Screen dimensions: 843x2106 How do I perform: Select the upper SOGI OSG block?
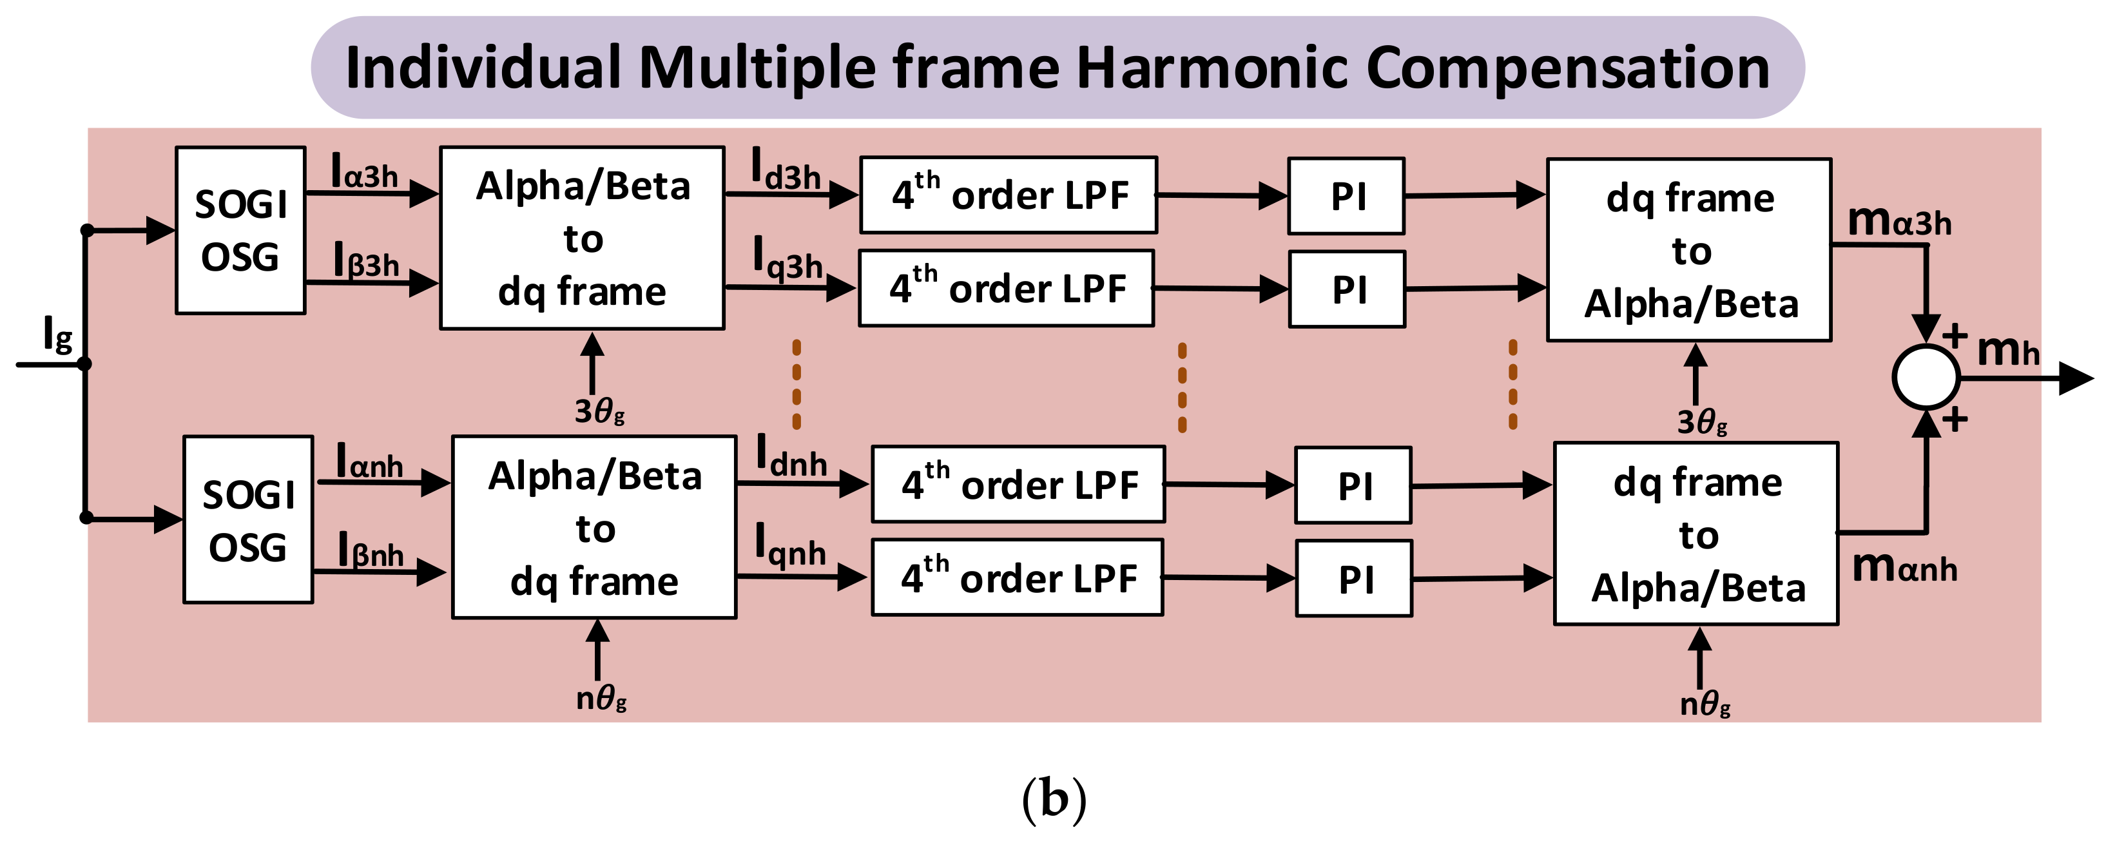[240, 231]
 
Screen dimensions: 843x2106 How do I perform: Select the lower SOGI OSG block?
[247, 520]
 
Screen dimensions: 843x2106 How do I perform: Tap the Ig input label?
[57, 334]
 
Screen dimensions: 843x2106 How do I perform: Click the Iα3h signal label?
[364, 173]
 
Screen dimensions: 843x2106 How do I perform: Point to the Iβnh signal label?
[371, 550]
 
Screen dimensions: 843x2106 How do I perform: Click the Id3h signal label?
[785, 171]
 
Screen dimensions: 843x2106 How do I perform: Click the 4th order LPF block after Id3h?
[1008, 195]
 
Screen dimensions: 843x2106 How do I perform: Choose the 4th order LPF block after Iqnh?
[1018, 578]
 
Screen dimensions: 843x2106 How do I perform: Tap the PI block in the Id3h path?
[1346, 196]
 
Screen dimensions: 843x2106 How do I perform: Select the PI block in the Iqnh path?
[1354, 579]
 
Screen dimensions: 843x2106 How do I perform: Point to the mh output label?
[2007, 351]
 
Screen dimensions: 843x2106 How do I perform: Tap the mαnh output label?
[1904, 567]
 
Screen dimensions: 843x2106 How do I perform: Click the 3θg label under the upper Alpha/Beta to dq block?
[599, 411]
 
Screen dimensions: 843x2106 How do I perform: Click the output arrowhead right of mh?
[2076, 378]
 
